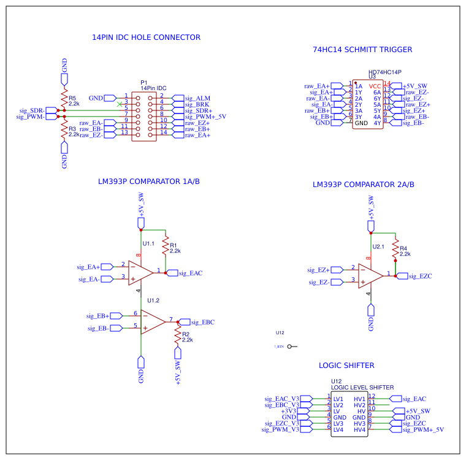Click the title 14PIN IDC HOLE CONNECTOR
click(x=146, y=37)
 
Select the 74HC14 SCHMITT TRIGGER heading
click(x=362, y=50)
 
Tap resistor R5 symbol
click(x=64, y=99)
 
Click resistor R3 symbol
click(x=64, y=130)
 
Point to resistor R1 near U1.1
click(x=166, y=247)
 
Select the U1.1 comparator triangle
click(x=140, y=272)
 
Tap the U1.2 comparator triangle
click(x=153, y=322)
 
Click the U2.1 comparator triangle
click(x=370, y=275)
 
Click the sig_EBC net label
click(x=202, y=322)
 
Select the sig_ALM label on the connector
click(x=197, y=98)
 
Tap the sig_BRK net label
click(x=197, y=104)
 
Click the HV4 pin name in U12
click(x=359, y=429)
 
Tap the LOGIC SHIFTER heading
click(x=346, y=366)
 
